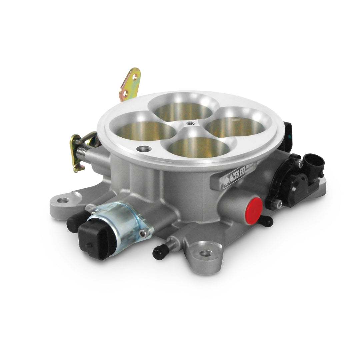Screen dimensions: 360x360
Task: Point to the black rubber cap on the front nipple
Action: [159, 252]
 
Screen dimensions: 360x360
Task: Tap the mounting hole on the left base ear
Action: [63, 201]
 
